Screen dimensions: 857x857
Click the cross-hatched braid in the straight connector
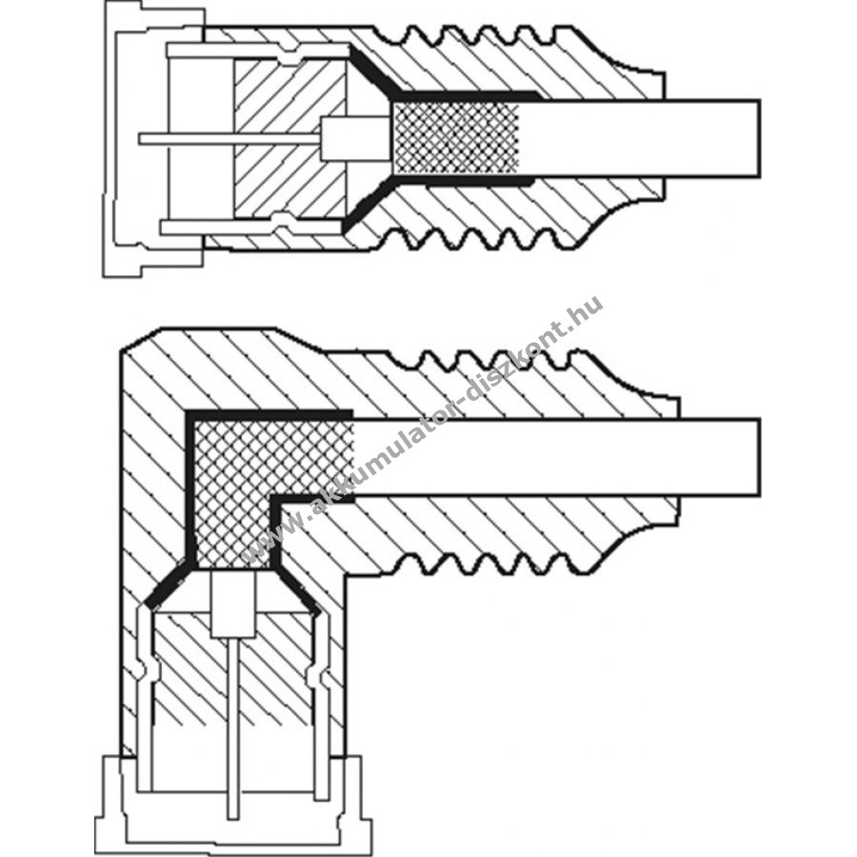click(456, 138)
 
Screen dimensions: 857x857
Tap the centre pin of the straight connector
click(229, 139)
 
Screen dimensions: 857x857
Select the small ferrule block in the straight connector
click(355, 139)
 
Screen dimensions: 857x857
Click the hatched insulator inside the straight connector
click(289, 138)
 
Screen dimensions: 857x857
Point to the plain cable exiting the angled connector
click(556, 457)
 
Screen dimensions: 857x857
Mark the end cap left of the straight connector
click(153, 139)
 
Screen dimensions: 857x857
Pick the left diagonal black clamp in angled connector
click(167, 585)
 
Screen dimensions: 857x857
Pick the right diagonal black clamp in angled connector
click(296, 589)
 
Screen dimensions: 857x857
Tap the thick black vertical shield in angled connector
click(190, 487)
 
